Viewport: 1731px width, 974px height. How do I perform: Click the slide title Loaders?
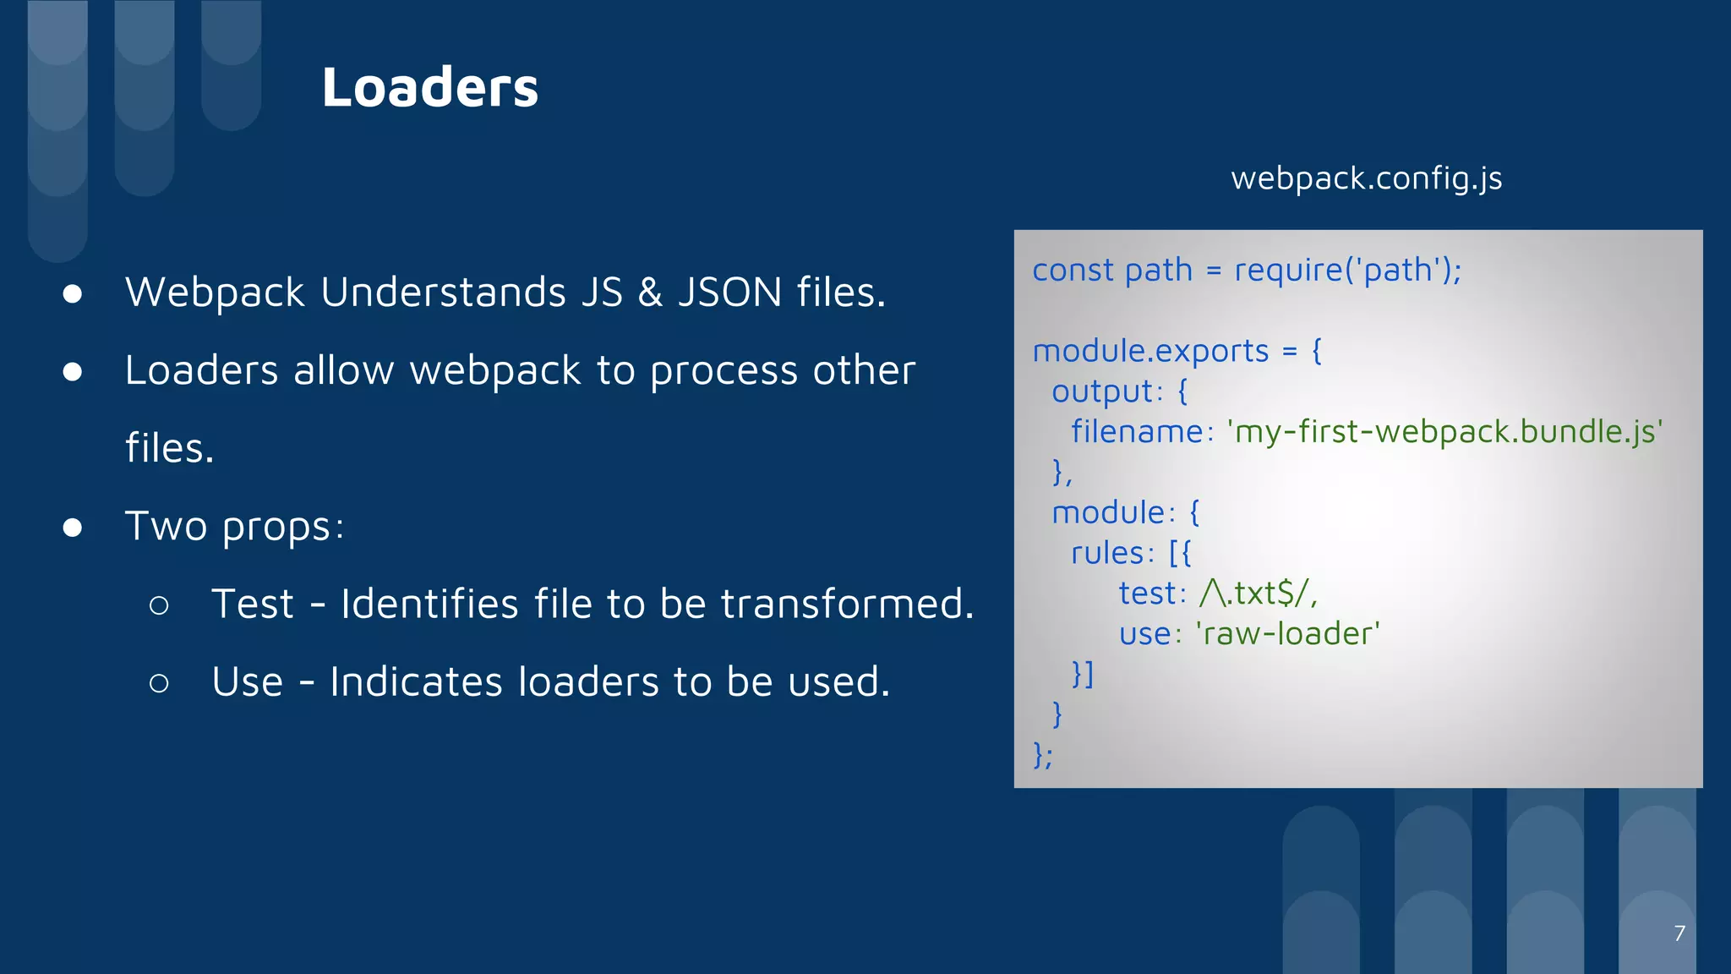(x=429, y=87)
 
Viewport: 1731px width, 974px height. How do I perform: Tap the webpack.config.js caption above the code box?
(x=1366, y=178)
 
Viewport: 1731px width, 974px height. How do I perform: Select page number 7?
(x=1679, y=933)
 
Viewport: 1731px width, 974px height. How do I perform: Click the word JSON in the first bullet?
(x=729, y=293)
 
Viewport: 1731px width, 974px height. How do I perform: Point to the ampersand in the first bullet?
(x=650, y=293)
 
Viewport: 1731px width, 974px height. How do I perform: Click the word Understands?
(x=443, y=293)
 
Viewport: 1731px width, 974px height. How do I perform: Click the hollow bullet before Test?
(x=159, y=605)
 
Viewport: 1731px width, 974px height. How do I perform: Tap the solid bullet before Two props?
(x=73, y=528)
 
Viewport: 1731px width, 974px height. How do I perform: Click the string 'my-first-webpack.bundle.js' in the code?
(x=1444, y=432)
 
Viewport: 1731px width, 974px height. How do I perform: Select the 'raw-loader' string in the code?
(x=1287, y=634)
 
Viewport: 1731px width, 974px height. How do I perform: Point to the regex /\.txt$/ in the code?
(x=1257, y=594)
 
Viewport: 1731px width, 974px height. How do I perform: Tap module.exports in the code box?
(x=1150, y=351)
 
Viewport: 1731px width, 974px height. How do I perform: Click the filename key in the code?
(x=1136, y=432)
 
